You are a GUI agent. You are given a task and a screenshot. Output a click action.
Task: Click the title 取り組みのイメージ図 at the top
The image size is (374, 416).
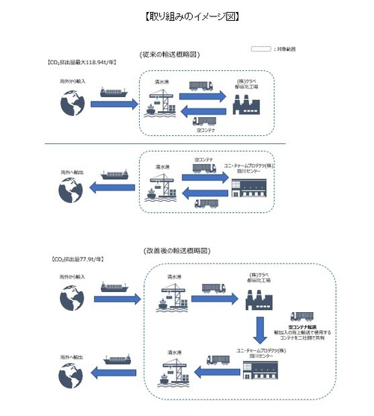tap(186, 15)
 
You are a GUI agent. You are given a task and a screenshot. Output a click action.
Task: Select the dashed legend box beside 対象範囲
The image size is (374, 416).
tap(261, 49)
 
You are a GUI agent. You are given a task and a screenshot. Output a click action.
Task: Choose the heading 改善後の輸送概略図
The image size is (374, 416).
tap(186, 249)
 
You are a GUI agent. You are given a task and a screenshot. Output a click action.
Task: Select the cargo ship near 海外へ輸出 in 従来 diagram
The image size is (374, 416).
tap(114, 176)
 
